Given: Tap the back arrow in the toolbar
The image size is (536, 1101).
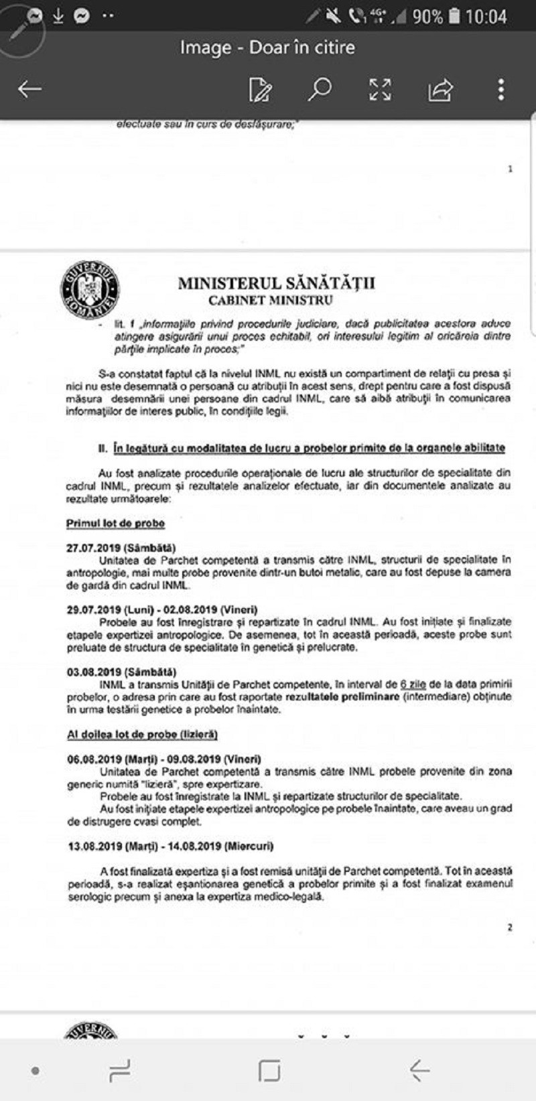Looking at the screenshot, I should pyautogui.click(x=29, y=89).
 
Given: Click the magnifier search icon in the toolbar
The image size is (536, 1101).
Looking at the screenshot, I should pyautogui.click(x=320, y=89).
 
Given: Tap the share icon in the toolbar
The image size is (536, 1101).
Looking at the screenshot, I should pyautogui.click(x=440, y=90).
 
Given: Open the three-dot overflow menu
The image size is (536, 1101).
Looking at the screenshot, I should pyautogui.click(x=500, y=90).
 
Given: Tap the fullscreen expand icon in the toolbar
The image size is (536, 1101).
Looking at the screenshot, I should pyautogui.click(x=380, y=90).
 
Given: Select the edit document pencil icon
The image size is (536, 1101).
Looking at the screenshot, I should pyautogui.click(x=260, y=90).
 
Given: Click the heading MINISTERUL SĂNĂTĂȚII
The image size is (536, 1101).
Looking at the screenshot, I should pyautogui.click(x=276, y=283).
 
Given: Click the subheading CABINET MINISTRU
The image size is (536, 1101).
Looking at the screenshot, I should pyautogui.click(x=270, y=300).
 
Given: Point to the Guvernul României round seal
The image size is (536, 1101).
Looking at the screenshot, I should pyautogui.click(x=90, y=290).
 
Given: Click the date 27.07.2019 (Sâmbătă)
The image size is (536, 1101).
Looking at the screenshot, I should pyautogui.click(x=121, y=547).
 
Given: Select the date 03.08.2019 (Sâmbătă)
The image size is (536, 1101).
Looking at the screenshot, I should pyautogui.click(x=121, y=672).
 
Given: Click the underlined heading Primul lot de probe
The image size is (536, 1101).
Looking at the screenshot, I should pyautogui.click(x=115, y=523).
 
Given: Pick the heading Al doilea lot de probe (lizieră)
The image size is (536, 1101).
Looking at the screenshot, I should pyautogui.click(x=142, y=734).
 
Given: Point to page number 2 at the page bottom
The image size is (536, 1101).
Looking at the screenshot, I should pyautogui.click(x=510, y=928).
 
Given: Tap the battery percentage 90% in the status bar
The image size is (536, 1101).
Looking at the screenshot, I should pyautogui.click(x=427, y=16).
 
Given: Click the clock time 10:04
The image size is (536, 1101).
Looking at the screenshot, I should pyautogui.click(x=486, y=16).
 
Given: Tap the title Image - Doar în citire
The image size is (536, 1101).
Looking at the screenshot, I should pyautogui.click(x=267, y=48).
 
